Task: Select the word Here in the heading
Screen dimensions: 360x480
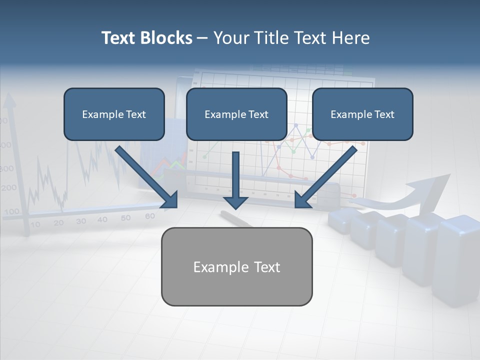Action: [349, 38]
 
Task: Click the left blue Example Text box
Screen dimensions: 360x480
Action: [114, 114]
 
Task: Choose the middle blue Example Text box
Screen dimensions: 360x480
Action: [236, 114]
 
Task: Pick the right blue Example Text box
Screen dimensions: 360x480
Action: [362, 114]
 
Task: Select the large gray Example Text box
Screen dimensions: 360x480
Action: [236, 266]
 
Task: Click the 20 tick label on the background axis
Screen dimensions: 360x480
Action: [59, 223]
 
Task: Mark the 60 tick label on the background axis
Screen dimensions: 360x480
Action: [149, 216]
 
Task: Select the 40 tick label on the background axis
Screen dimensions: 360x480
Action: [102, 219]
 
